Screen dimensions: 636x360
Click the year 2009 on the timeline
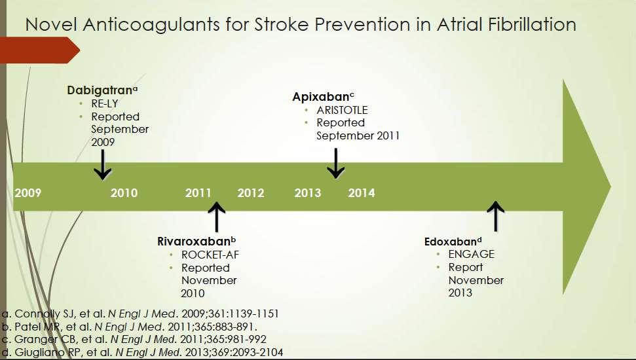(28, 192)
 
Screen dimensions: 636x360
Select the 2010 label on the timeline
(124, 192)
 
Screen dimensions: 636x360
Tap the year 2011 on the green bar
(198, 192)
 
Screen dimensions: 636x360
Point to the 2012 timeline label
(251, 192)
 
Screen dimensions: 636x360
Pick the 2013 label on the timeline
(307, 192)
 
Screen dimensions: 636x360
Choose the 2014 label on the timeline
(362, 192)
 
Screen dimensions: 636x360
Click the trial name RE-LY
(105, 103)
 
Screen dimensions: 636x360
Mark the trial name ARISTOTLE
(342, 110)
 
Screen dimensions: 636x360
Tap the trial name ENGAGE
(472, 254)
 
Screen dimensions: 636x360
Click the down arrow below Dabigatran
(103, 164)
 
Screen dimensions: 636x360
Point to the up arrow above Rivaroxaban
(217, 217)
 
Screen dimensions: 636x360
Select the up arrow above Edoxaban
(495, 216)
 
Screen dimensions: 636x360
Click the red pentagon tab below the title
(40, 50)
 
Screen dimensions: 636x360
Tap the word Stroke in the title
(283, 24)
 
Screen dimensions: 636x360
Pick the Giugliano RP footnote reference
(142, 352)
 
